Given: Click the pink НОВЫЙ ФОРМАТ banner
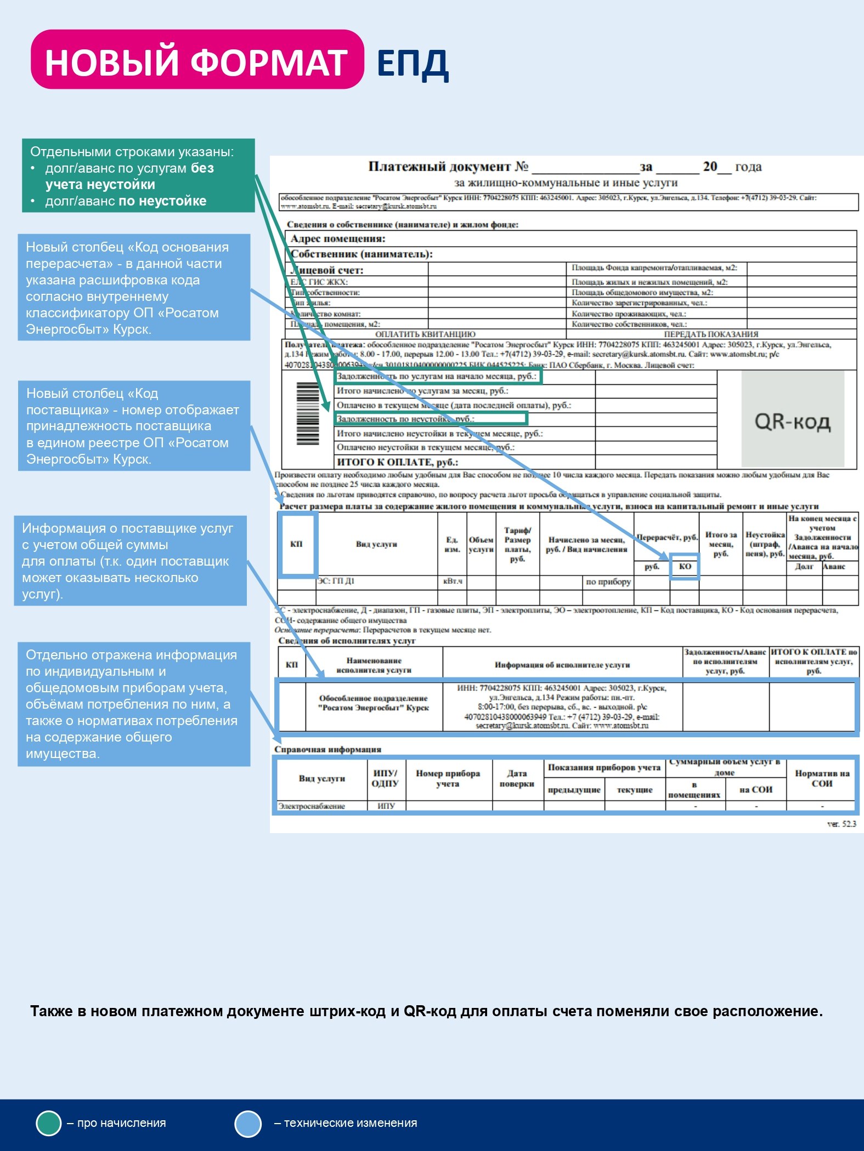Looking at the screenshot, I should tap(196, 60).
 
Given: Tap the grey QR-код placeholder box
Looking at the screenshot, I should tap(792, 419).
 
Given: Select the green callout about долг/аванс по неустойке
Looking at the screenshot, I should tap(138, 175).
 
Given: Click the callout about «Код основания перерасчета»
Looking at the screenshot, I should tap(134, 287).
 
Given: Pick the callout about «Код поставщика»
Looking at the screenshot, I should tap(134, 425).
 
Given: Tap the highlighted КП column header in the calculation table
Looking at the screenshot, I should tap(297, 544).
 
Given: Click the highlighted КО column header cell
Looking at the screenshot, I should tap(685, 567).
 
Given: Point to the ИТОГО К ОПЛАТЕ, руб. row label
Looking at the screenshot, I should tap(397, 462).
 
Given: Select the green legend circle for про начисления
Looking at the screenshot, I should tap(48, 1123).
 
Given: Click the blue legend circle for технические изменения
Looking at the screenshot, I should tap(248, 1123).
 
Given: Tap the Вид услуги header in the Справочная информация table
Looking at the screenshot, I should tap(322, 778).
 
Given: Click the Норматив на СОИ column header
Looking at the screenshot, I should tap(821, 778).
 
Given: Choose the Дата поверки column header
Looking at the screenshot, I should tap(517, 778).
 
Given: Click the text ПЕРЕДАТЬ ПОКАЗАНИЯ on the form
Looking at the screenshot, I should tap(711, 334).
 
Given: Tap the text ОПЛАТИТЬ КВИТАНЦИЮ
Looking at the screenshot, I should tap(425, 334).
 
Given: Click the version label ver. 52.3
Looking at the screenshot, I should tap(841, 824).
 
